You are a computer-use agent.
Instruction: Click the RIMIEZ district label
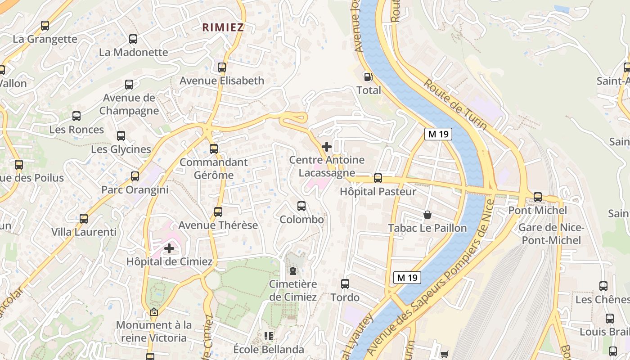pyautogui.click(x=223, y=27)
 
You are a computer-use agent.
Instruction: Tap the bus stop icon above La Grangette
pyautogui.click(x=45, y=26)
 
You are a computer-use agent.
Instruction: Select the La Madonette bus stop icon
pyautogui.click(x=133, y=39)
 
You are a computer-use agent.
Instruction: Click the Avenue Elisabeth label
pyautogui.click(x=222, y=81)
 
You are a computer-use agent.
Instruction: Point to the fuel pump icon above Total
pyautogui.click(x=368, y=77)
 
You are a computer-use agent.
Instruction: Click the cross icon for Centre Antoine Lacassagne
pyautogui.click(x=327, y=147)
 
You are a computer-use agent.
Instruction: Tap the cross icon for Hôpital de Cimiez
pyautogui.click(x=169, y=248)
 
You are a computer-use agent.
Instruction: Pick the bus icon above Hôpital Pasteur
pyautogui.click(x=378, y=178)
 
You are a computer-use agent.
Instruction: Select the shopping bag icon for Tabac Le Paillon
pyautogui.click(x=427, y=215)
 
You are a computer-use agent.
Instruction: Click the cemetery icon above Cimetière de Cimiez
pyautogui.click(x=293, y=271)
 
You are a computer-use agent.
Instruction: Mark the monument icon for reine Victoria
pyautogui.click(x=154, y=312)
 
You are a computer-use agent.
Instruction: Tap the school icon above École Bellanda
pyautogui.click(x=269, y=336)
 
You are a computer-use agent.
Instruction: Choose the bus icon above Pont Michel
pyautogui.click(x=538, y=197)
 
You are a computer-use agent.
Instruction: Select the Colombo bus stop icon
pyautogui.click(x=301, y=206)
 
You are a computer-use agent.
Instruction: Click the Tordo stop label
pyautogui.click(x=345, y=297)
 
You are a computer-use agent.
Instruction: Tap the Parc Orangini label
pyautogui.click(x=135, y=190)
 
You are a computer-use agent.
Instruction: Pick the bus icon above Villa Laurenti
pyautogui.click(x=84, y=219)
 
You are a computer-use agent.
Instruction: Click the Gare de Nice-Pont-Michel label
pyautogui.click(x=551, y=234)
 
